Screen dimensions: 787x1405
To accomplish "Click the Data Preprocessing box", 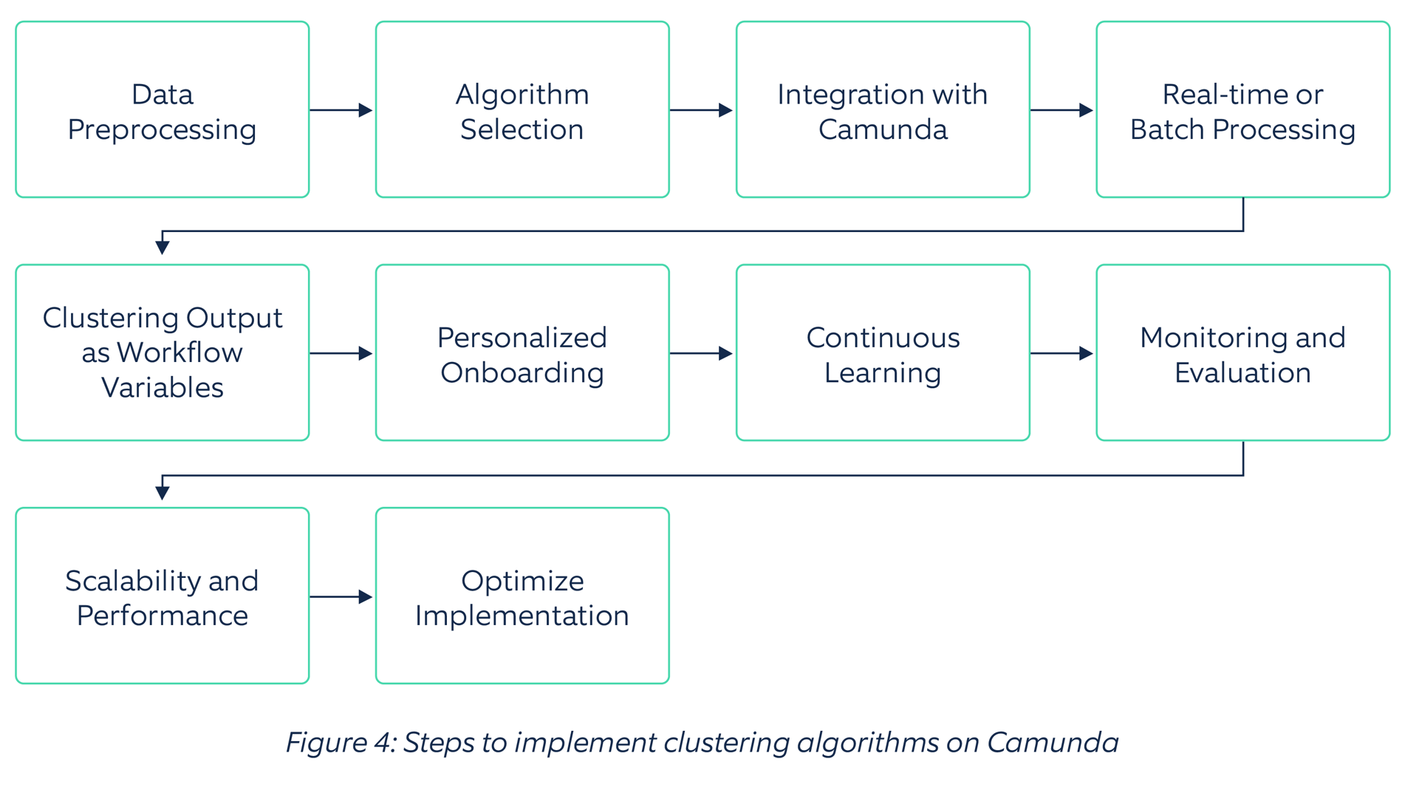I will click(162, 109).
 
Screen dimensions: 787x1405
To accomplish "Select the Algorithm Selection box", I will click(522, 109).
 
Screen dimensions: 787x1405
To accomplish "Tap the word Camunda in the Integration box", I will click(882, 129).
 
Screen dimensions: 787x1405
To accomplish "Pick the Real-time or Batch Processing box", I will click(1242, 109).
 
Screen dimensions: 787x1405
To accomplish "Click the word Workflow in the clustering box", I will click(180, 352).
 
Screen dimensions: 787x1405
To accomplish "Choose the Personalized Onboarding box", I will click(522, 353).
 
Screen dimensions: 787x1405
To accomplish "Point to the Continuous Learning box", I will click(882, 353).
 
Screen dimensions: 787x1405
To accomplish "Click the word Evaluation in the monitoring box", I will click(1242, 372).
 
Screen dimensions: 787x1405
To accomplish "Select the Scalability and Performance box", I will click(162, 596).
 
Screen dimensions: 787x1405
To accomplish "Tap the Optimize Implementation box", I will click(522, 596).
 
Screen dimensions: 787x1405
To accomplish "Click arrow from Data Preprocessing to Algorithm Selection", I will click(341, 110).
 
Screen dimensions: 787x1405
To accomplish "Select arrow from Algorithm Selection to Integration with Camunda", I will click(701, 110).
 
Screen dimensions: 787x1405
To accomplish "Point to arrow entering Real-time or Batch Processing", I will click(1062, 110).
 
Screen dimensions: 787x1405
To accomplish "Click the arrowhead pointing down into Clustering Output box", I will click(163, 247).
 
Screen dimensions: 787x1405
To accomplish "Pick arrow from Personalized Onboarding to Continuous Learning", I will click(701, 353).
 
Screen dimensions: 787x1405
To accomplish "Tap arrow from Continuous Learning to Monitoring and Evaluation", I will click(1062, 353).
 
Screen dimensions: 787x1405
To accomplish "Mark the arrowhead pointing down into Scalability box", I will click(163, 491).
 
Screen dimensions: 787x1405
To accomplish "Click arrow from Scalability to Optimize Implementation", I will click(341, 596).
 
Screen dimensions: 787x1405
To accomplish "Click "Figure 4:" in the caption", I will click(341, 742).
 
